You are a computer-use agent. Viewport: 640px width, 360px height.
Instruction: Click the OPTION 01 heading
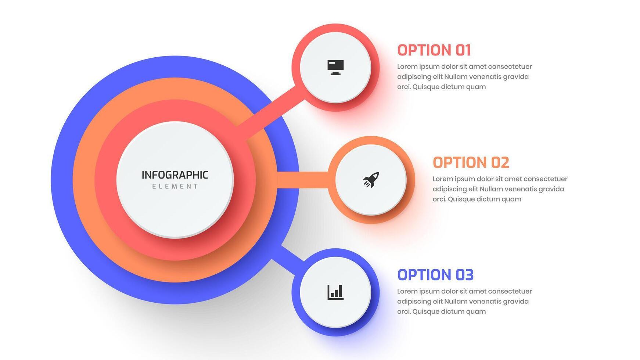coord(434,50)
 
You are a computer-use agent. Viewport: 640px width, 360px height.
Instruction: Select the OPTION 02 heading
coord(471,163)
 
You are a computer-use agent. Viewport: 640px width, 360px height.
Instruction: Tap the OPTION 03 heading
coord(435,275)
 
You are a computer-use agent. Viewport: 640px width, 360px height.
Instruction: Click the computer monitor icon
coord(335,68)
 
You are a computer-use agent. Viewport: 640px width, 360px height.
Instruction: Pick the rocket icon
coord(371,180)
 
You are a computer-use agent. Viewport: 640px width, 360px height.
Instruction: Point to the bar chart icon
coord(335,292)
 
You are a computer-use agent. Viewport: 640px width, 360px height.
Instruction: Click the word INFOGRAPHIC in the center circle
coord(175,175)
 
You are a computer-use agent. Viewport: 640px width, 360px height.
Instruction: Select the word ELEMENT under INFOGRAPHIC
coord(175,187)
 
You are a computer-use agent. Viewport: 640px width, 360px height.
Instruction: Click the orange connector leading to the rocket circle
coord(302,180)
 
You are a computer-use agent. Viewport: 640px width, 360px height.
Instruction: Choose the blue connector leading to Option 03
coord(288,259)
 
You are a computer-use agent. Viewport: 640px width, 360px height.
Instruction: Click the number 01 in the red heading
coord(463,50)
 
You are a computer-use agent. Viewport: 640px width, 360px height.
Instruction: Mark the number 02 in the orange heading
coord(500,163)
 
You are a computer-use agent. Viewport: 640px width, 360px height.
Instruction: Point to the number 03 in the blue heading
coord(465,275)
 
